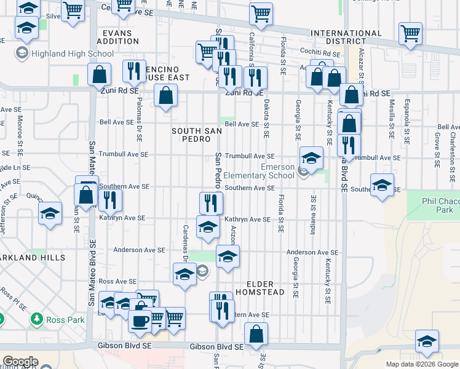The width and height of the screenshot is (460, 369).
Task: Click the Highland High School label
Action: point(66,54)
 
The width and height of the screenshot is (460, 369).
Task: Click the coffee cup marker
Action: point(140,321)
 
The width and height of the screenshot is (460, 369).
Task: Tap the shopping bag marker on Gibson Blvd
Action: point(256,335)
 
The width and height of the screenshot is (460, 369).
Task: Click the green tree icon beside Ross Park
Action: point(37,320)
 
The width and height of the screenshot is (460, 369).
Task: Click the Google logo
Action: point(20,362)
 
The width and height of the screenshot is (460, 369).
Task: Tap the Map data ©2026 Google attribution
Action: point(421,364)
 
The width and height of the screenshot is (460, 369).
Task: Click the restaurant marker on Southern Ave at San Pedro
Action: point(211,202)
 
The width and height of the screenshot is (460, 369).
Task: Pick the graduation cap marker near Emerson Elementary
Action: point(311,159)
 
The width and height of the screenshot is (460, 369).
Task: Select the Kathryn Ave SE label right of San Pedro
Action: point(247,219)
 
